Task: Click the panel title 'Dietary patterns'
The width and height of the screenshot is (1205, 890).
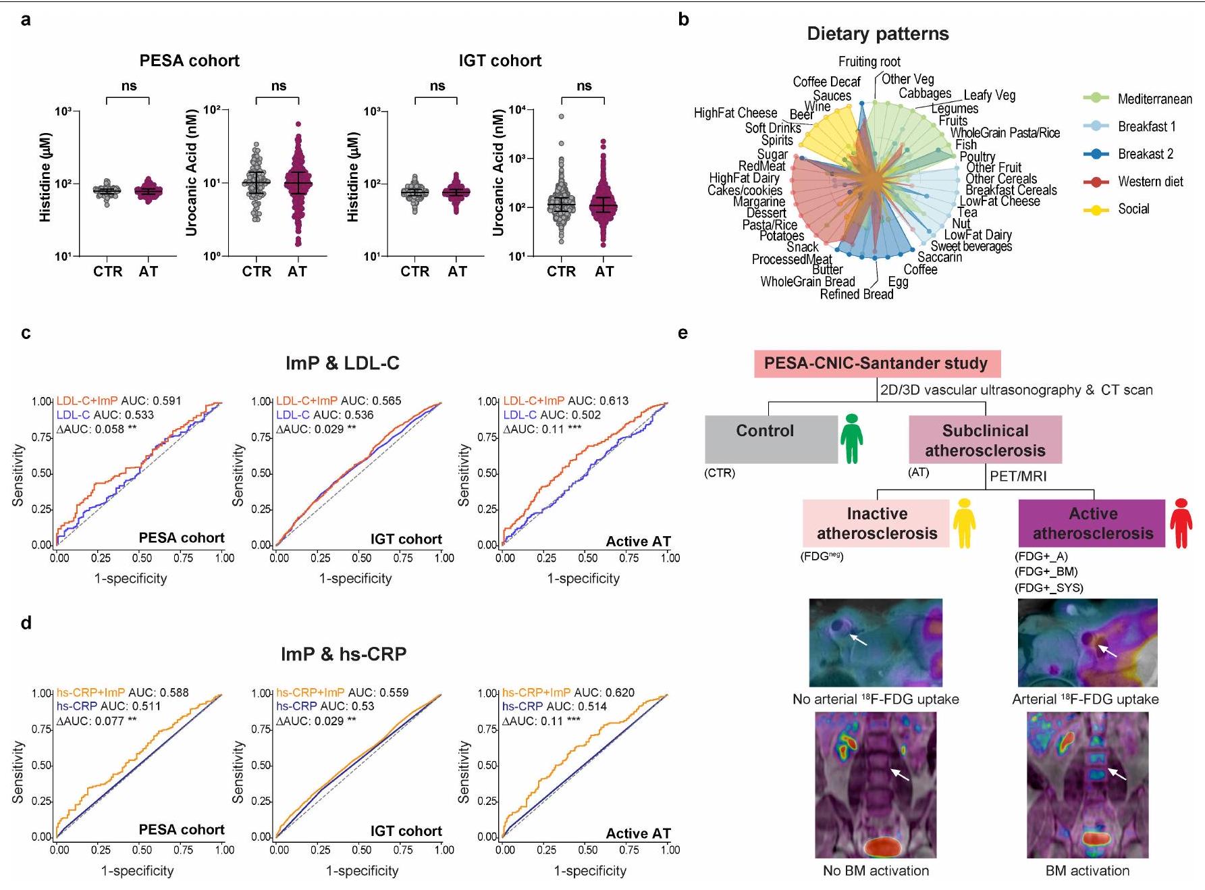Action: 878,34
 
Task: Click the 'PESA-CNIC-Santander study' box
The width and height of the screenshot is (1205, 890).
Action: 877,364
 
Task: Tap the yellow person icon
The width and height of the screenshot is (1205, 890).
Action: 963,523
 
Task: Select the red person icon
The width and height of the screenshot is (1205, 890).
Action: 1181,523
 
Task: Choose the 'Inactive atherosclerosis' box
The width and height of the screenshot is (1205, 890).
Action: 877,523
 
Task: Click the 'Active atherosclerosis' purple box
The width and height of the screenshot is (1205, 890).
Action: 1092,523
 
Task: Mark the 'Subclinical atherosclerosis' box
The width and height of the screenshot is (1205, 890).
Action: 985,440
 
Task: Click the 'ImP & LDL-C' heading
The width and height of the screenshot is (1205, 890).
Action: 343,363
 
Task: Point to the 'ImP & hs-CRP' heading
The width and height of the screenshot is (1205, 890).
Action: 344,654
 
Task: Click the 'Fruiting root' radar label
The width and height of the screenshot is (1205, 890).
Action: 869,61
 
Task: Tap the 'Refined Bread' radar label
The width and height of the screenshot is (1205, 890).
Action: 856,294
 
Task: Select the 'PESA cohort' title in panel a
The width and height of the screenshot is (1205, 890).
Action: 189,61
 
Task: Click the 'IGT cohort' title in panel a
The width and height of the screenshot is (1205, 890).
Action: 500,61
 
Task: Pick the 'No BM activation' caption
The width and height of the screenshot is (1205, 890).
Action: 876,870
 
